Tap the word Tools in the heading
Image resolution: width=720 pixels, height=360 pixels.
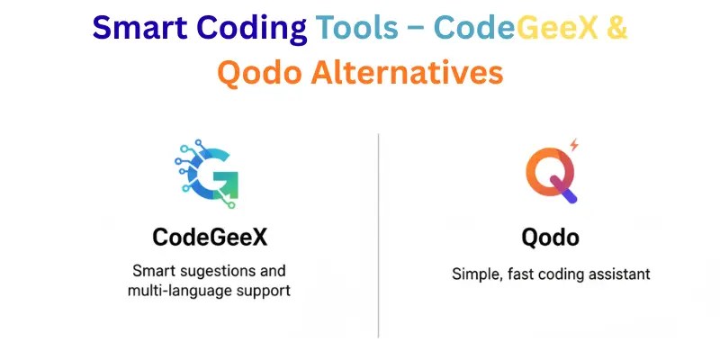point(356,29)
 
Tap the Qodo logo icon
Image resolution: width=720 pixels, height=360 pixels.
point(552,171)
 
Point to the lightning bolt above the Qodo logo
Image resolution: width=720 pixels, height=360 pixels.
point(573,145)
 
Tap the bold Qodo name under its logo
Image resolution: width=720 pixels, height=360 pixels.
point(552,238)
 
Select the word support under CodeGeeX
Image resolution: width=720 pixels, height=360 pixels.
point(263,291)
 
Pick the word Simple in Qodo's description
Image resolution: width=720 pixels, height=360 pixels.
point(474,274)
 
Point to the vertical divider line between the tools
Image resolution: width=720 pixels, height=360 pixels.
point(378,234)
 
